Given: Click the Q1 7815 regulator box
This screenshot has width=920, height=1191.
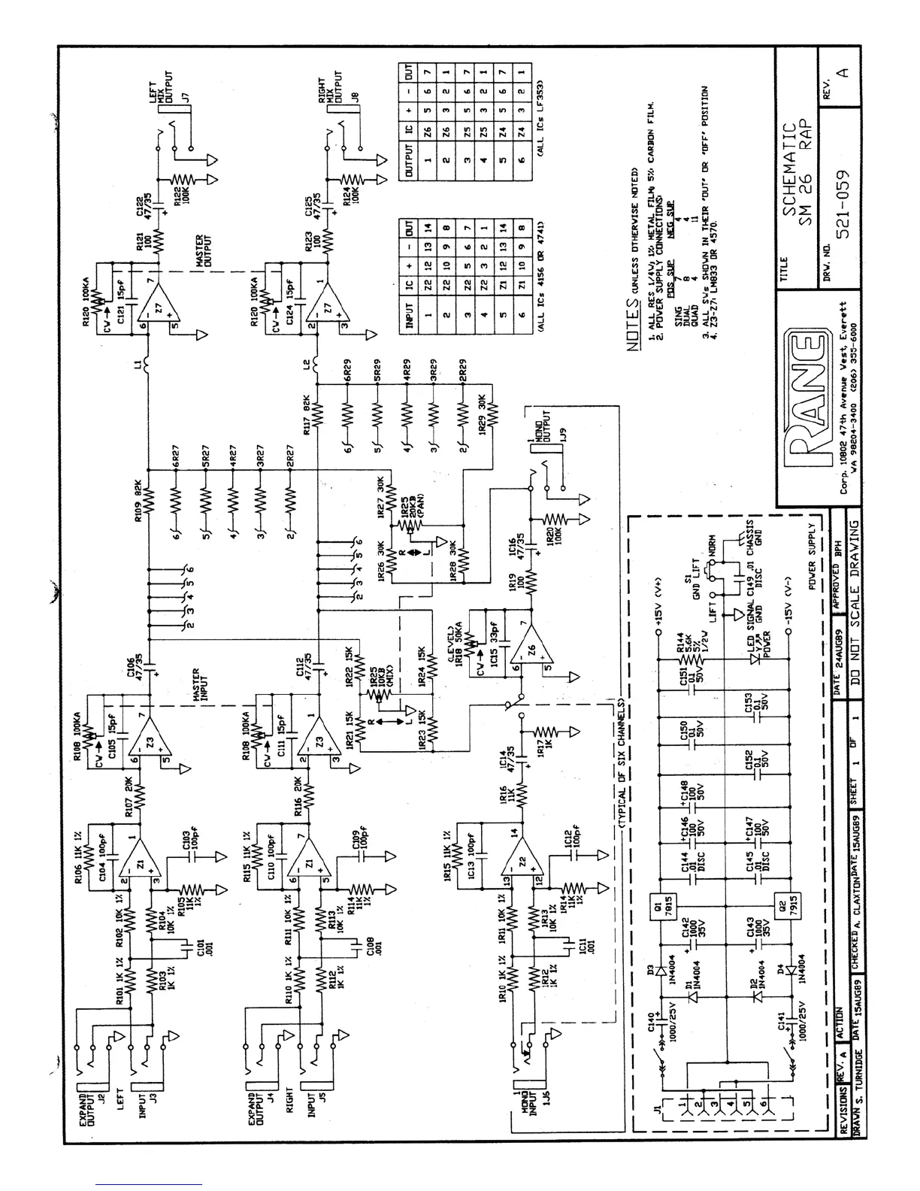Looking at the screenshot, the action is (x=658, y=909).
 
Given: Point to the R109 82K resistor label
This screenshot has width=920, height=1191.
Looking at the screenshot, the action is (x=138, y=496).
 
